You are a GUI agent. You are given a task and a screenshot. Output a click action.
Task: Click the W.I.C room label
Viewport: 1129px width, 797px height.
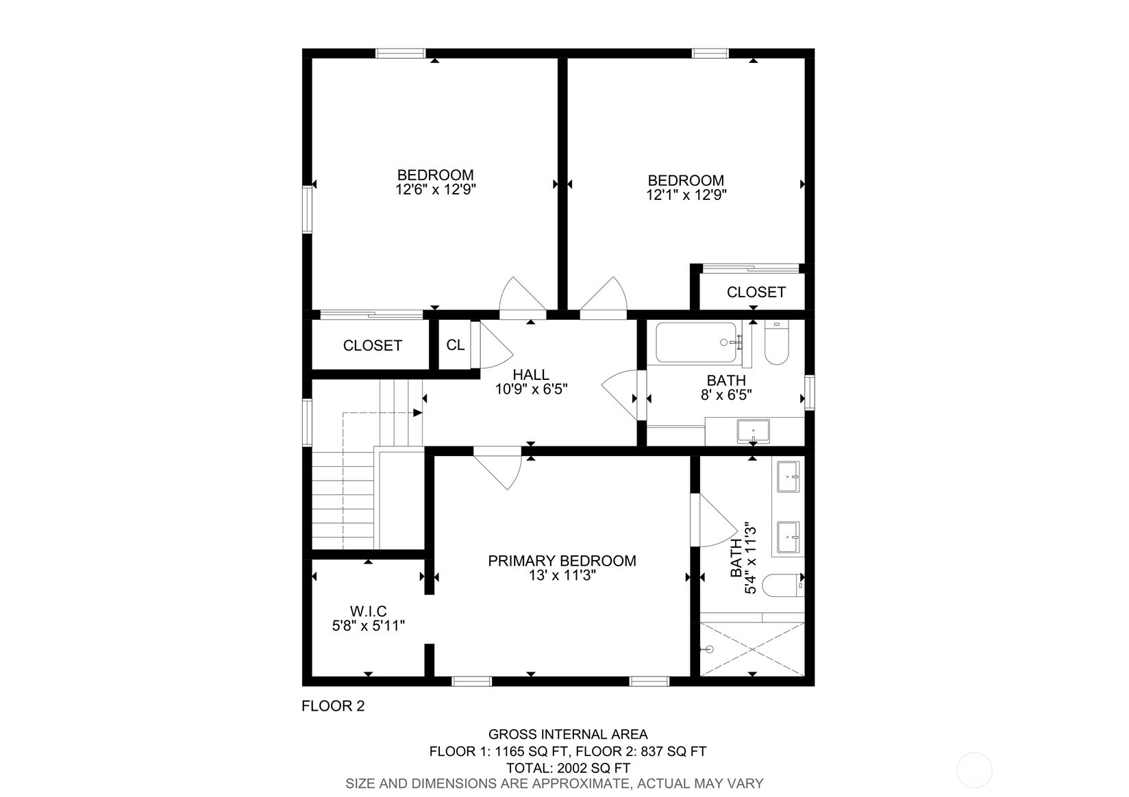tap(369, 611)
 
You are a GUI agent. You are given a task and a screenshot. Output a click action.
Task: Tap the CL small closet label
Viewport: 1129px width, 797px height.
tap(456, 345)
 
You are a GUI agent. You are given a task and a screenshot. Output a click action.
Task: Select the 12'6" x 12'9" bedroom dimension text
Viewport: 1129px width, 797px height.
tap(436, 190)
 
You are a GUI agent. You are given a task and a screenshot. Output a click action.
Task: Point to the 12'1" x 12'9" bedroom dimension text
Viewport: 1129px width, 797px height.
tap(686, 195)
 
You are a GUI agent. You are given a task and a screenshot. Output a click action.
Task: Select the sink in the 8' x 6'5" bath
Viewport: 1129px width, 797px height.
tap(753, 432)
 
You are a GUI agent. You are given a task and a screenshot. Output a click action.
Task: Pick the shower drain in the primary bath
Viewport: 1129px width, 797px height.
tap(709, 649)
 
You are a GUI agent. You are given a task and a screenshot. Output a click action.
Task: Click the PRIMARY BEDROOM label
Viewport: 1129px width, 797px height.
tap(562, 561)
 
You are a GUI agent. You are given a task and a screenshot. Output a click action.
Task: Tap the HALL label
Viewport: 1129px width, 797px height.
tap(531, 375)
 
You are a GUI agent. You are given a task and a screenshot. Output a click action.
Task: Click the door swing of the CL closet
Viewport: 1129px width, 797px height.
tap(495, 346)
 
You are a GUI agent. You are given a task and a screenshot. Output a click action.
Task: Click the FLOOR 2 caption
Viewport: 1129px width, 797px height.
tap(333, 706)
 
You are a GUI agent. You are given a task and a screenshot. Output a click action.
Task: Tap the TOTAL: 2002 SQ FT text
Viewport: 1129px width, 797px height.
tap(568, 768)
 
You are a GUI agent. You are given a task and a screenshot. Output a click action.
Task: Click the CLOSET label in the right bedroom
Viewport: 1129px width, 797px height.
tap(756, 292)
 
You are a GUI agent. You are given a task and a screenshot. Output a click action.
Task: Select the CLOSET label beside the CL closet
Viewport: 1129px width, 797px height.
tap(372, 346)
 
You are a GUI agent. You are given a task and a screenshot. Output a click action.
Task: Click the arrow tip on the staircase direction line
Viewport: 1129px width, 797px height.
tap(419, 413)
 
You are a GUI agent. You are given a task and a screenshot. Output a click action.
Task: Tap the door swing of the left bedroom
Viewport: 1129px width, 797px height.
tap(522, 296)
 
